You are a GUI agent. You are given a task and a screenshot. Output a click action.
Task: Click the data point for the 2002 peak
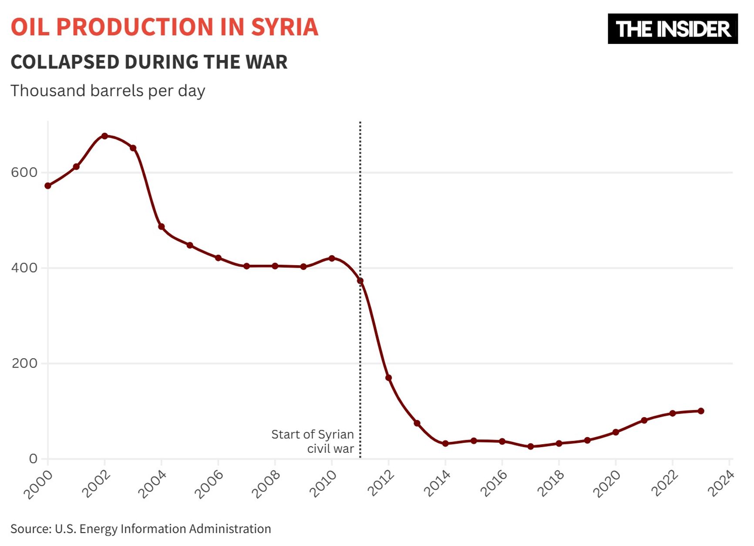point(104,136)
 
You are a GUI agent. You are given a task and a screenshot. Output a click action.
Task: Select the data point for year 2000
point(48,186)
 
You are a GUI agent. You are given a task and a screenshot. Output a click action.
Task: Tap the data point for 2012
point(389,378)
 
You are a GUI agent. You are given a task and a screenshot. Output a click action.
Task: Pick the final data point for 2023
point(701,411)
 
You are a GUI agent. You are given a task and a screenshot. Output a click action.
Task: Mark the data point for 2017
point(531,447)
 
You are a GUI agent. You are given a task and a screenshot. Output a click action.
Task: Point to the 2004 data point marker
point(162,227)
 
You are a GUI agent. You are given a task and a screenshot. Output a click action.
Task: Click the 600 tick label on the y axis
point(24,172)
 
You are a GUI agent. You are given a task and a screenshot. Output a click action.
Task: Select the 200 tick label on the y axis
point(24,363)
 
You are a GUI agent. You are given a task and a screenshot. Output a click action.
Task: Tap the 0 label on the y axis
point(33,458)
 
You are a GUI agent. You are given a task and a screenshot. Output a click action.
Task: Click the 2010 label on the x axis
point(323,484)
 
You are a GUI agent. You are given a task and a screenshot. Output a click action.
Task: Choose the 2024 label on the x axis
point(721,484)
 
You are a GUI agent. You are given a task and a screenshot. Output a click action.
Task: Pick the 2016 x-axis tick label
point(493,484)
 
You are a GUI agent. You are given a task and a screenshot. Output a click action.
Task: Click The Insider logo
point(673,29)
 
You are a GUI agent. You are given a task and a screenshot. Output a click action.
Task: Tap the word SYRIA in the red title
point(285,27)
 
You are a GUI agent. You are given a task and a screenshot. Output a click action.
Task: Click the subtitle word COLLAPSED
point(65,62)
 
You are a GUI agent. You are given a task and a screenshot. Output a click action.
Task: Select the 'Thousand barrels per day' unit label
point(108,91)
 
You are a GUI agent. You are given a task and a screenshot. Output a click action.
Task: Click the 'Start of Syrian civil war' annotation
point(313,442)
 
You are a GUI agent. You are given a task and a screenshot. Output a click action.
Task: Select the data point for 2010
point(332,259)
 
